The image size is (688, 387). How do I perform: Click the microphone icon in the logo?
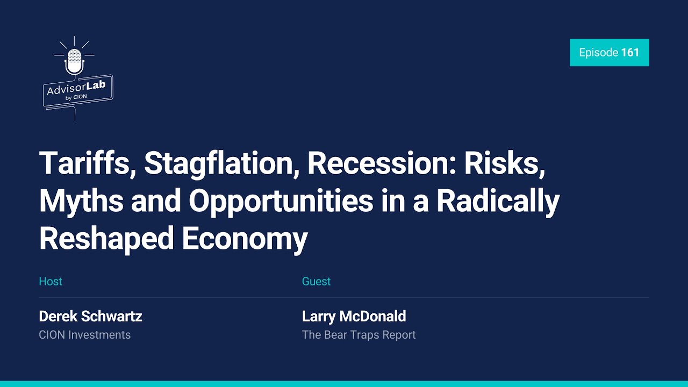(x=74, y=61)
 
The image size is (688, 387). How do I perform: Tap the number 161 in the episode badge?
(x=630, y=53)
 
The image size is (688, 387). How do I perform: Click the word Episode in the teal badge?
(x=598, y=53)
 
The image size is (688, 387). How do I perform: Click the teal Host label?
(x=51, y=281)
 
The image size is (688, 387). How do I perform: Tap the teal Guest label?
(x=316, y=281)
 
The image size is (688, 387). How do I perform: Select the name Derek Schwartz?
(x=90, y=317)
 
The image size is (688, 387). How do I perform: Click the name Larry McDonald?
(x=354, y=317)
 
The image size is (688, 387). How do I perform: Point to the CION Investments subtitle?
(x=85, y=335)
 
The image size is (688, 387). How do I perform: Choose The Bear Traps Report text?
(x=359, y=335)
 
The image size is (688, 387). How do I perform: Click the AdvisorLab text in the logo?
(x=76, y=88)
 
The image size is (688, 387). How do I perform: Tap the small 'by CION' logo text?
(x=76, y=97)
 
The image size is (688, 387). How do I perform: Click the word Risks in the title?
(x=504, y=164)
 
